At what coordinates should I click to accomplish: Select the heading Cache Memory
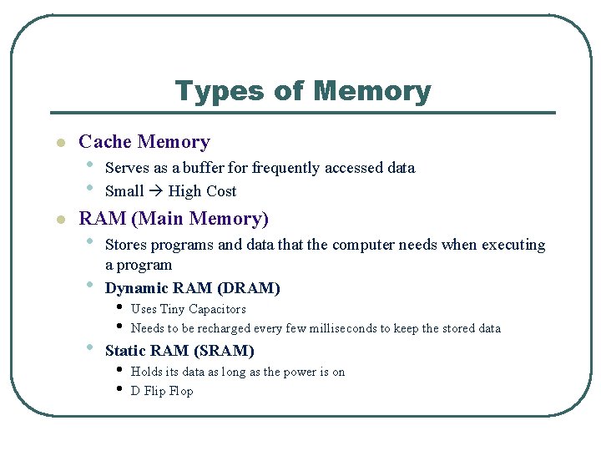[x=144, y=142]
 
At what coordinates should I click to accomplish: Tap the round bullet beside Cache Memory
[x=59, y=144]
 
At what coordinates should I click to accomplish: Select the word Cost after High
[x=220, y=191]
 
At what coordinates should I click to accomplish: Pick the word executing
[x=512, y=245]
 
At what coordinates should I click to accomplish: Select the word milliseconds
[x=343, y=328]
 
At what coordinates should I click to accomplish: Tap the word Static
[x=127, y=351]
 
